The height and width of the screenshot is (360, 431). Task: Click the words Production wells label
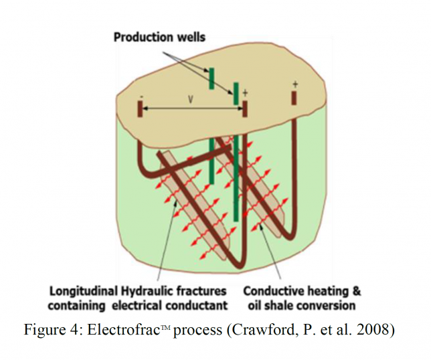(x=160, y=37)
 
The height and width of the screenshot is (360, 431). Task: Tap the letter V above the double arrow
(x=191, y=100)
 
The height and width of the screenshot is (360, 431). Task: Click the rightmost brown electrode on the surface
(x=294, y=98)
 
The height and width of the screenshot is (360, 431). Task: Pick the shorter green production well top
(x=211, y=78)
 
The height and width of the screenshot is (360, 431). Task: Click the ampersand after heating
(x=357, y=292)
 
